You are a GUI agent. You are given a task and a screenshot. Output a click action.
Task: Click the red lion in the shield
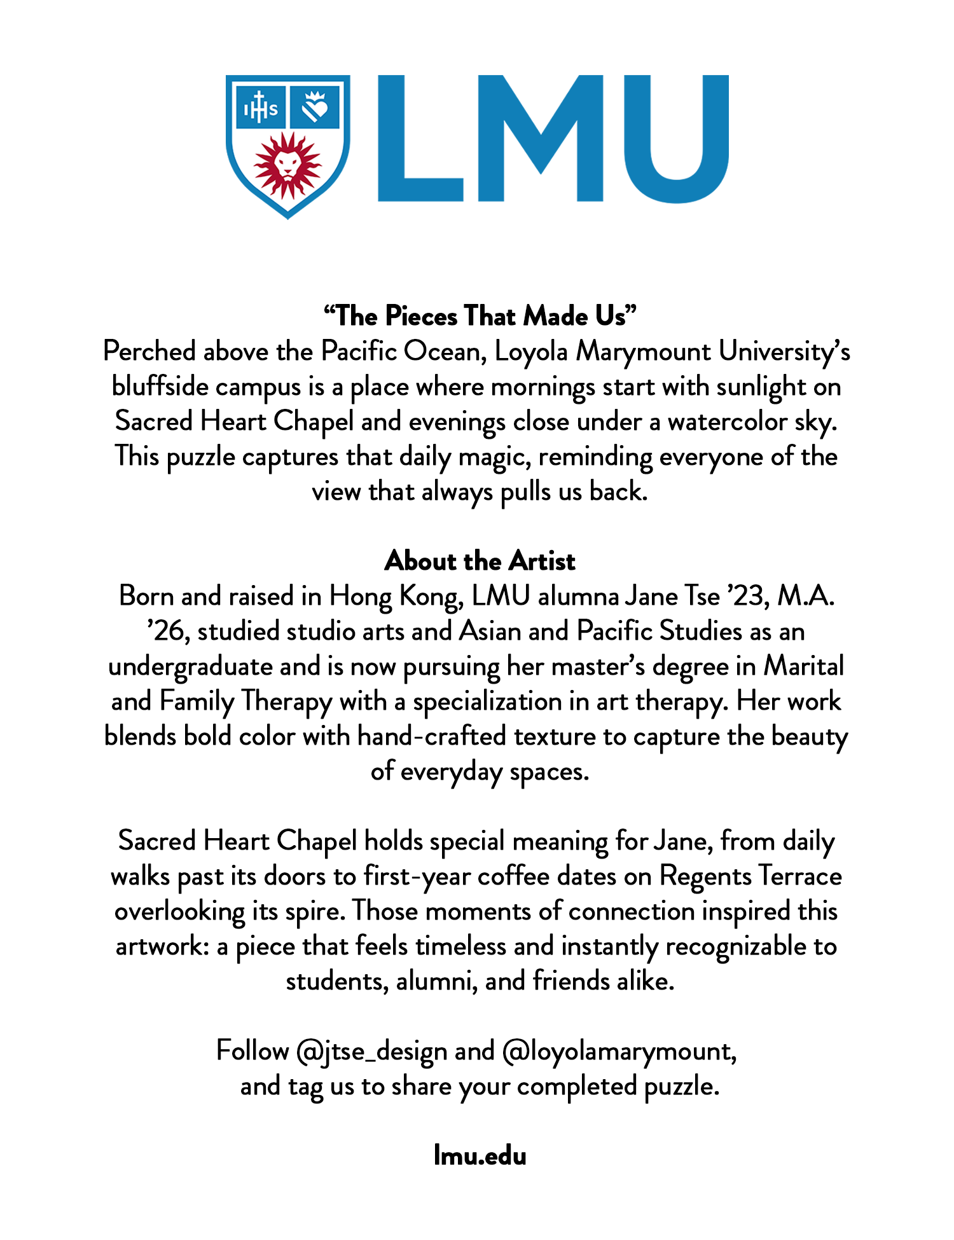coord(288,165)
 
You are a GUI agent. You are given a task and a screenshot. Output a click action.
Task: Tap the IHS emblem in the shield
coord(261,109)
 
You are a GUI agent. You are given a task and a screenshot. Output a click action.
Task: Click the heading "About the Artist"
coord(480,561)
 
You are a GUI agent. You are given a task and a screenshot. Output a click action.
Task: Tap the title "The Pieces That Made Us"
coord(480,316)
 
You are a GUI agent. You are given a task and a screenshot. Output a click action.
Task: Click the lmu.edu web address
coord(480,1155)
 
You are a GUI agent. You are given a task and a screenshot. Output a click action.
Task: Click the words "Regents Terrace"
coord(750,876)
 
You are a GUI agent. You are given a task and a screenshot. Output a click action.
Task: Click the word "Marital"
coord(804,666)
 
